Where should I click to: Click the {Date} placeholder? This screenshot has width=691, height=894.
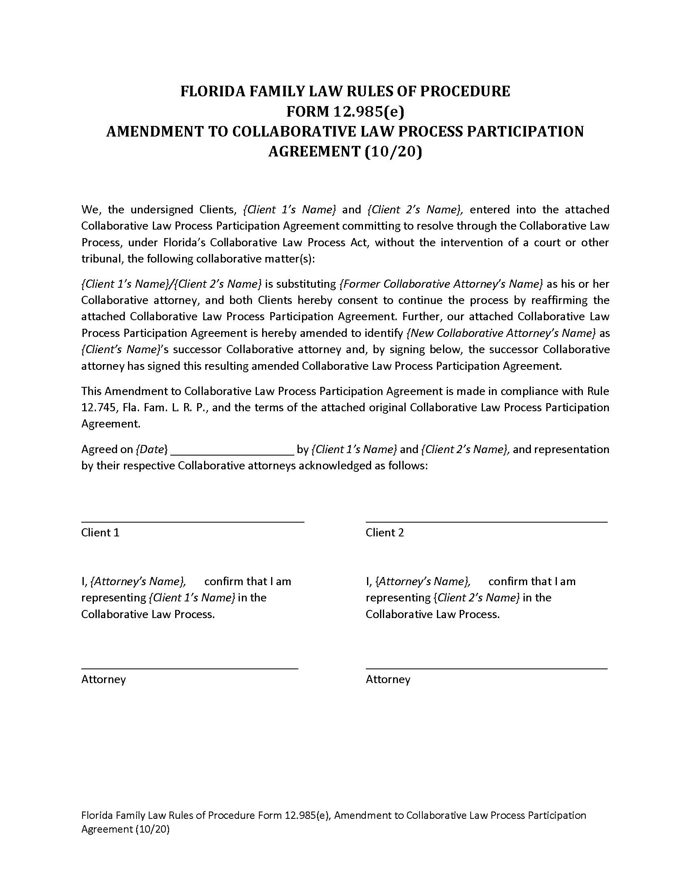pyautogui.click(x=152, y=449)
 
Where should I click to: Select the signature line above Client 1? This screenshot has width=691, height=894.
pyautogui.click(x=192, y=522)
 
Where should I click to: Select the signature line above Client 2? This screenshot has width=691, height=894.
pyautogui.click(x=486, y=522)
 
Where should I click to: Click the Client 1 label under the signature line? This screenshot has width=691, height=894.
pyautogui.click(x=100, y=533)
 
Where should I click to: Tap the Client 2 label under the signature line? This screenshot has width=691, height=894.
pyautogui.click(x=385, y=533)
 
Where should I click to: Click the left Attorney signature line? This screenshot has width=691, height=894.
pyautogui.click(x=189, y=668)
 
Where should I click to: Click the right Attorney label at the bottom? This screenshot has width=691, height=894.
pyautogui.click(x=388, y=679)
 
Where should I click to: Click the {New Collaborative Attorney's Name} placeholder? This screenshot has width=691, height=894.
pyautogui.click(x=501, y=333)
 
